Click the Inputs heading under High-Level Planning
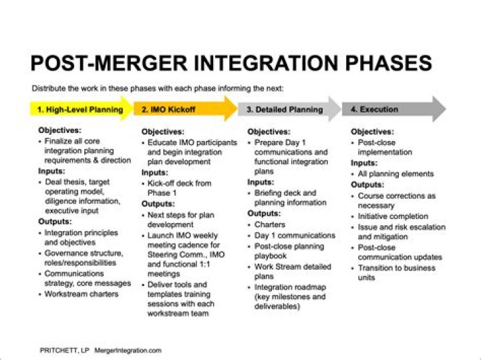point(51,172)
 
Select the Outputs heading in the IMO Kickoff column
point(158,204)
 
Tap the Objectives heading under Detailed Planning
point(269,132)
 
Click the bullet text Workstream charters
point(81,294)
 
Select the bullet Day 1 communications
point(295,236)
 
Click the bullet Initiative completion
point(393,216)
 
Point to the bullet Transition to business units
point(396,273)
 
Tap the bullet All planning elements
point(395,174)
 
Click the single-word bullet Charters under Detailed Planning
point(269,225)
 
